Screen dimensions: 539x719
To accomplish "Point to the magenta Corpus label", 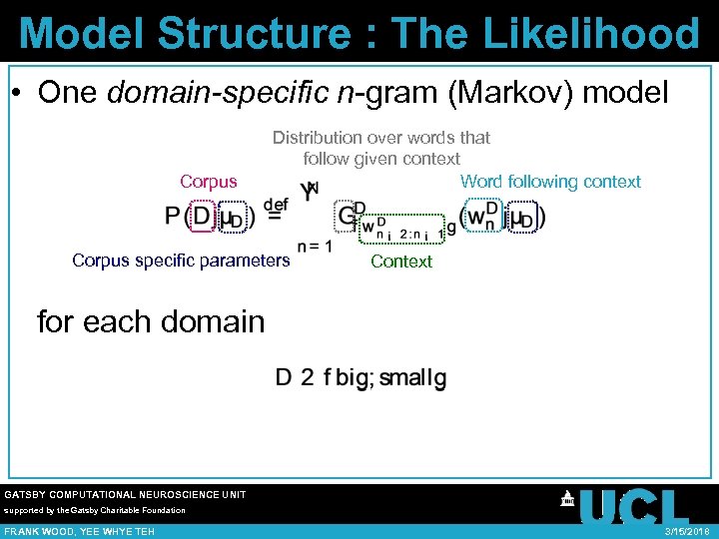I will (x=209, y=182).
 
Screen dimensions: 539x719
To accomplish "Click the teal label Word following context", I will (x=550, y=182).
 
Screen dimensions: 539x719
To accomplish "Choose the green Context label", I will (x=401, y=262).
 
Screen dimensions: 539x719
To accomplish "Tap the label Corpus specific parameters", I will (x=181, y=262).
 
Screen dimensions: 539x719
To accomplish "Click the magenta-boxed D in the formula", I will (x=201, y=217).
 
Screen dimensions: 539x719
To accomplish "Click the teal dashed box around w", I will (x=482, y=217).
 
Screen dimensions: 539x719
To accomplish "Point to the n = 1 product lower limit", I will (x=314, y=247).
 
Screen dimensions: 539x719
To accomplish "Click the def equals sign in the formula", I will (x=274, y=212).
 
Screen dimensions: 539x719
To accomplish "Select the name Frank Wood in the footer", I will (x=41, y=532).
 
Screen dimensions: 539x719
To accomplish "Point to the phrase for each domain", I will (x=151, y=322).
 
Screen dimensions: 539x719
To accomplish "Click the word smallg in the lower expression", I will (x=413, y=378).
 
